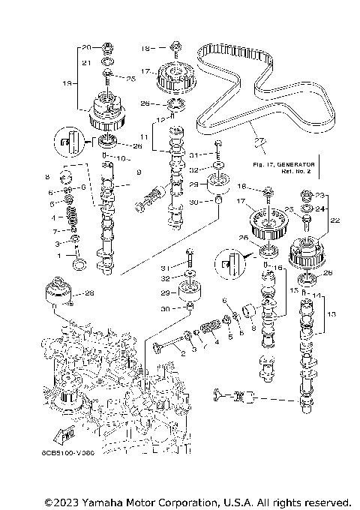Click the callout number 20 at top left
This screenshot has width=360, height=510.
tap(85, 47)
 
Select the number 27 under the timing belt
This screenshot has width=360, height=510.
tap(259, 140)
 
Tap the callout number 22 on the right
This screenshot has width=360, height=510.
tap(334, 220)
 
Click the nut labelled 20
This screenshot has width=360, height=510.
tap(108, 46)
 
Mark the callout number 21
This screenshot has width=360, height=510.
tap(85, 63)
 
